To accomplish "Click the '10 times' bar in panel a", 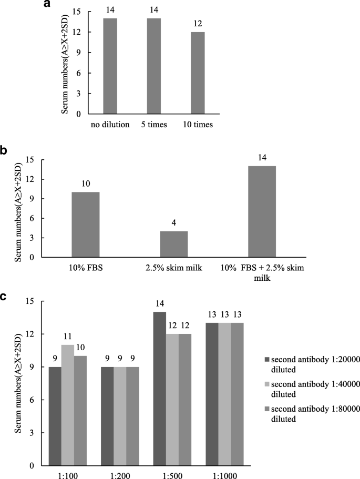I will tap(198, 74).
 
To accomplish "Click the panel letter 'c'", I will tap(4, 297).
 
